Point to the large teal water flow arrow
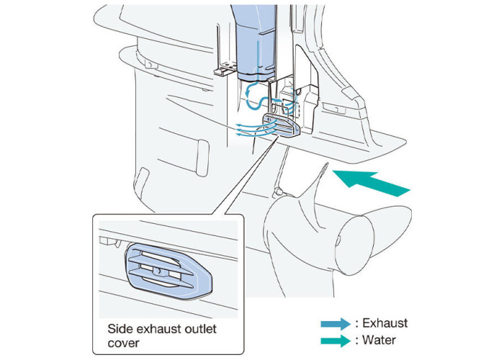374,182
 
